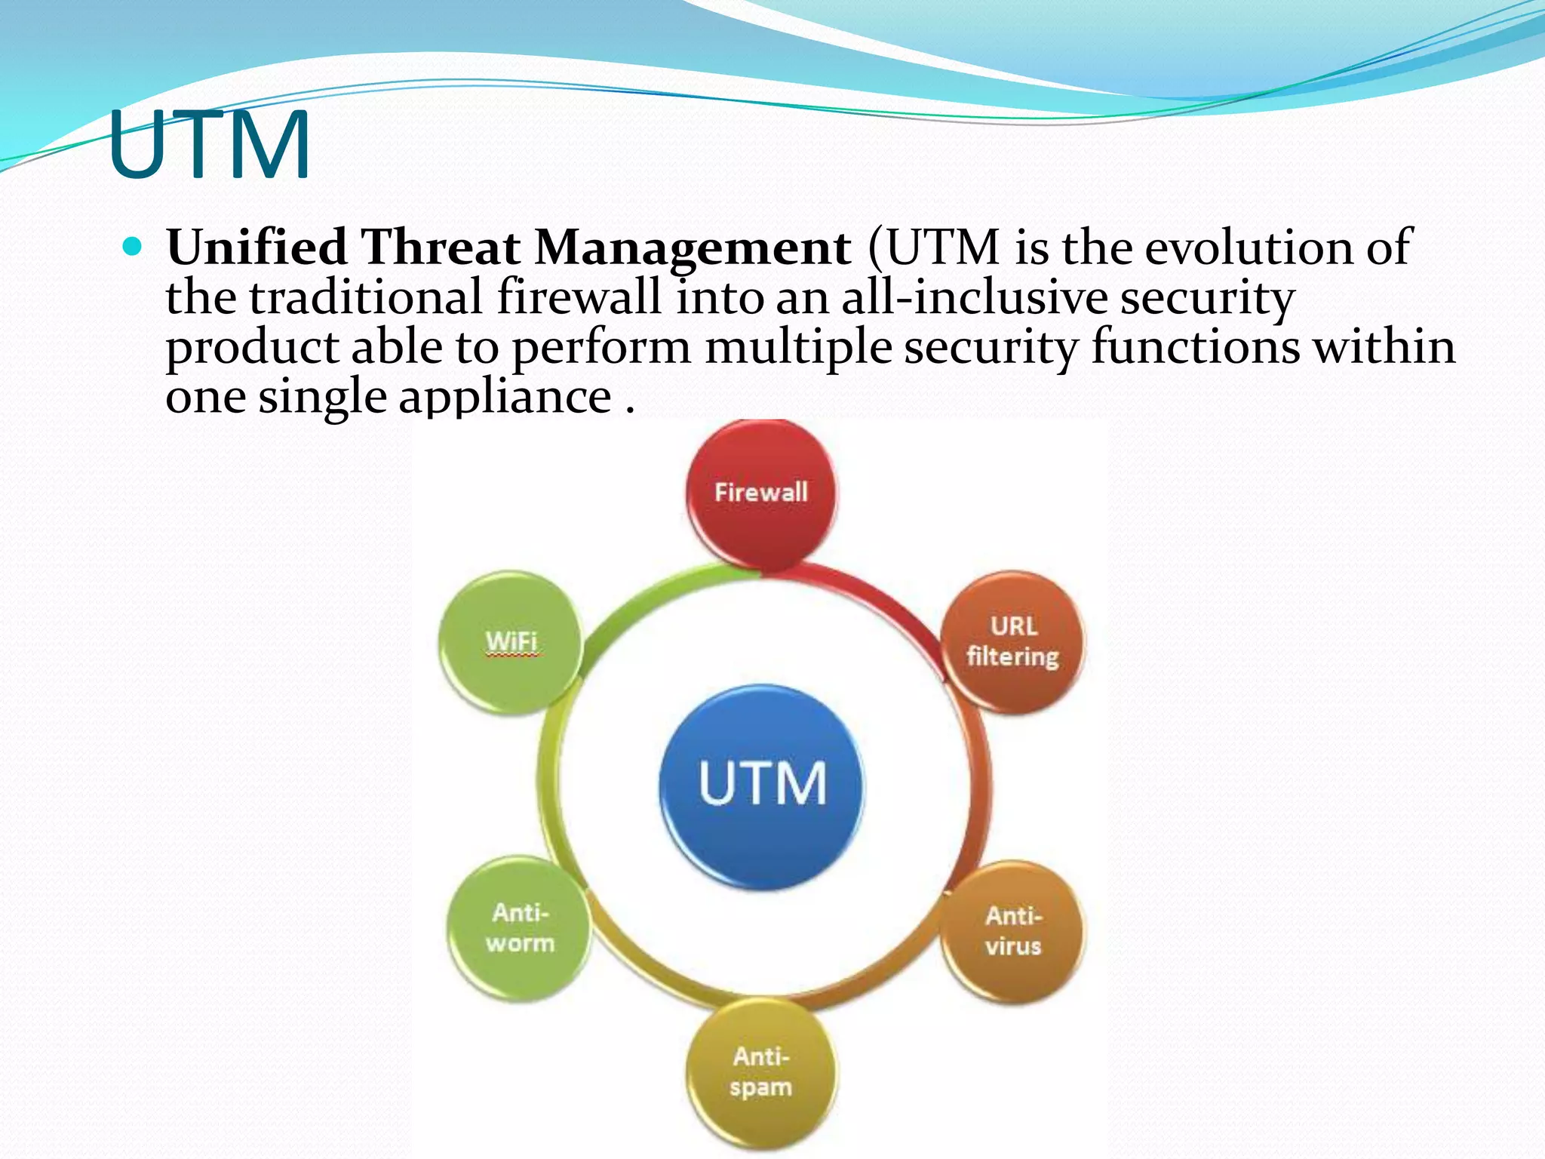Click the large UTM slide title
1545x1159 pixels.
(209, 145)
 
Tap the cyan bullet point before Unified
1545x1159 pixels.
(132, 247)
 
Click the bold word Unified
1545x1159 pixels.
(256, 247)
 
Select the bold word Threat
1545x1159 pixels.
(441, 247)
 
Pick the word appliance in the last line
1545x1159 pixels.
(505, 398)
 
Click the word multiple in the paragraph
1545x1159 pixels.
(797, 348)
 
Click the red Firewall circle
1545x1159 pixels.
(761, 493)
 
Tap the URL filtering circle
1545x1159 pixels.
(1012, 641)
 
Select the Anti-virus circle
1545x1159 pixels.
(1012, 931)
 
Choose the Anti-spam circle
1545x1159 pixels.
(761, 1071)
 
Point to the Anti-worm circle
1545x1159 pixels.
(520, 928)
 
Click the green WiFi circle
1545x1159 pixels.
(511, 641)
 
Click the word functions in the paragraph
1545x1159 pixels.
(1196, 348)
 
